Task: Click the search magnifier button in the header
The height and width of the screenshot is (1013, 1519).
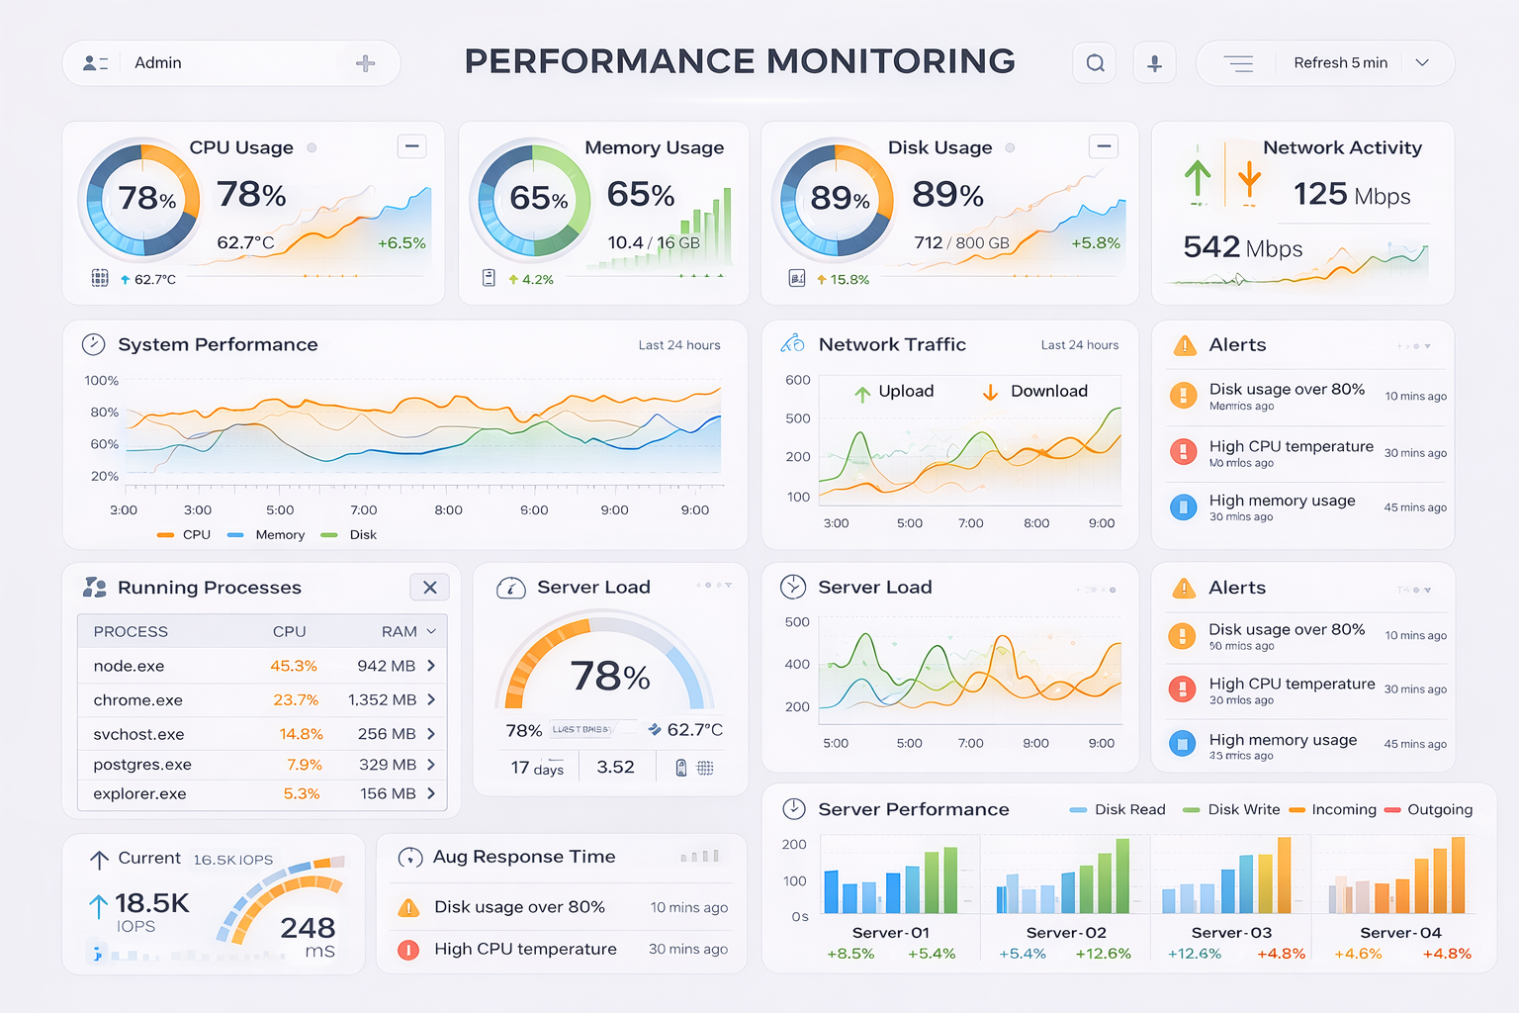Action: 1095,63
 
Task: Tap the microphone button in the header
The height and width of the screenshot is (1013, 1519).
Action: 1154,63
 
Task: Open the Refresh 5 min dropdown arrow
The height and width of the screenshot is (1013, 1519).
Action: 1422,62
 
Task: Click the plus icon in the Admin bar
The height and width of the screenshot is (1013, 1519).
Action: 365,63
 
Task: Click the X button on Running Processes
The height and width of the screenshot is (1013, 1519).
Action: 429,587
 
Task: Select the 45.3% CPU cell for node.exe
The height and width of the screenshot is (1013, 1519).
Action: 294,666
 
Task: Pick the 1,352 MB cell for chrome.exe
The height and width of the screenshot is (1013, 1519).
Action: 382,699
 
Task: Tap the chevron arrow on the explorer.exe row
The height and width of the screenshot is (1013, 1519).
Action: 431,793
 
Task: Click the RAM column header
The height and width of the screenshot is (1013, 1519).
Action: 400,631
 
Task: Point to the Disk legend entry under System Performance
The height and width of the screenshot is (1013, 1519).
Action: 362,534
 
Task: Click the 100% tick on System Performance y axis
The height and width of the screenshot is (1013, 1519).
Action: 102,380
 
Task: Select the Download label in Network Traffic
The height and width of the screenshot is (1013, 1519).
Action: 1048,391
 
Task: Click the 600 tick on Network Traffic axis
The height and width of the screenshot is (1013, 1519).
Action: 798,380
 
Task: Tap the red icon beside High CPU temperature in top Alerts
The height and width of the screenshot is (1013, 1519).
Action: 1183,452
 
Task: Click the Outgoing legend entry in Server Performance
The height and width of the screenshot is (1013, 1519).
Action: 1439,809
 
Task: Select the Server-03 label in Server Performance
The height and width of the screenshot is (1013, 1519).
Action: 1231,932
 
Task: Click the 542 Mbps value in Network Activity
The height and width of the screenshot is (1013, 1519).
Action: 1242,247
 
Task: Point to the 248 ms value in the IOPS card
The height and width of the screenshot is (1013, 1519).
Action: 308,936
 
